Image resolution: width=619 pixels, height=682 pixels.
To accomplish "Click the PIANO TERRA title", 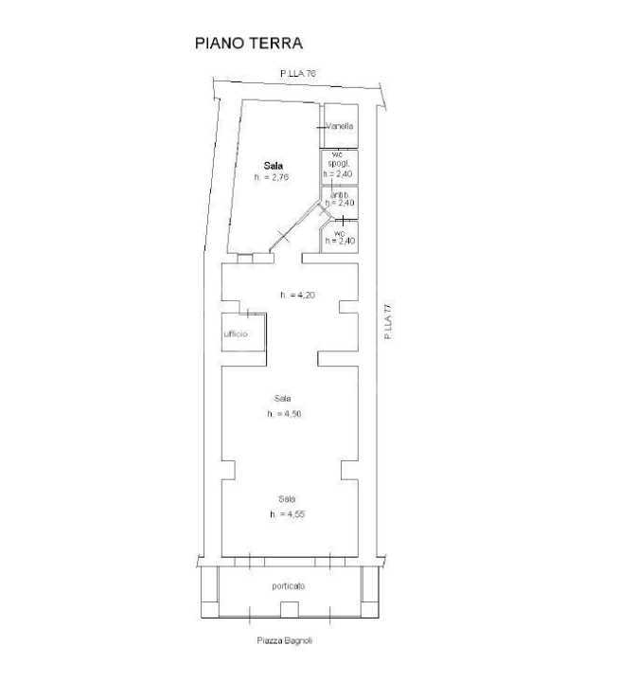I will pyautogui.click(x=247, y=44).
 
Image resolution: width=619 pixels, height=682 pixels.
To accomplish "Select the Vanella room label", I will pyautogui.click(x=340, y=126).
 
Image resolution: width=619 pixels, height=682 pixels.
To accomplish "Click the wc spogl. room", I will pyautogui.click(x=339, y=166).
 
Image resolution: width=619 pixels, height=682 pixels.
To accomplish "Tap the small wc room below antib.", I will pyautogui.click(x=339, y=237).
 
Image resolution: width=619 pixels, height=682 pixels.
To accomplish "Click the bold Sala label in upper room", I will pyautogui.click(x=273, y=165).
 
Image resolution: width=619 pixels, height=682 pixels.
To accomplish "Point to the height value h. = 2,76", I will pyautogui.click(x=271, y=177).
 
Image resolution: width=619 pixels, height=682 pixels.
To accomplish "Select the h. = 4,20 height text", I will pyautogui.click(x=296, y=295).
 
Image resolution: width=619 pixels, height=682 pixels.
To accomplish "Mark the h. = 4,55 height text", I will pyautogui.click(x=287, y=513).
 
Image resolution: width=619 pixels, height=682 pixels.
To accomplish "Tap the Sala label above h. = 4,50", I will pyautogui.click(x=283, y=398).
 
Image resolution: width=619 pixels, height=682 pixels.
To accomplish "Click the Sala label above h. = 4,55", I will pyautogui.click(x=287, y=498).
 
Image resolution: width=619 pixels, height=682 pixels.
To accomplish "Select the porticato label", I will pyautogui.click(x=288, y=586).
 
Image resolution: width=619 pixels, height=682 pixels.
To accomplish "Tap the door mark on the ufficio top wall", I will pyautogui.click(x=249, y=312).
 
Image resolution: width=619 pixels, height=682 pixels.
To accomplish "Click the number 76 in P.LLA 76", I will pyautogui.click(x=309, y=73).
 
